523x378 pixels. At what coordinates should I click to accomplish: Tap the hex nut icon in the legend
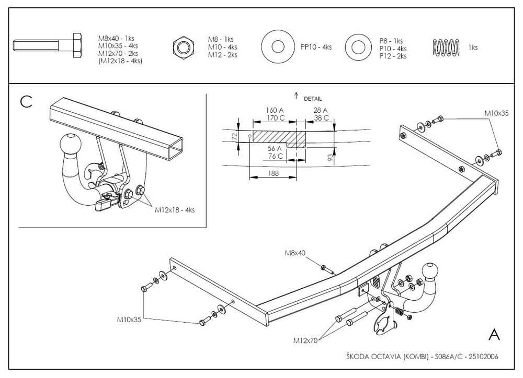[184, 48]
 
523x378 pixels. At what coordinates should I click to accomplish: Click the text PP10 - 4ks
[316, 48]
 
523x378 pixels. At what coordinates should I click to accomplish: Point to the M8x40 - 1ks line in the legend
[117, 39]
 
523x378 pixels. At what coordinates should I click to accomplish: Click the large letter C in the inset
[26, 101]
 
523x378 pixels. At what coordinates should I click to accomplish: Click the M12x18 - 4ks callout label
[175, 210]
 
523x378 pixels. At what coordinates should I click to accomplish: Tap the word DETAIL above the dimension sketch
[313, 99]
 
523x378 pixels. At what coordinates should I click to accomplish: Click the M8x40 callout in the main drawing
[295, 253]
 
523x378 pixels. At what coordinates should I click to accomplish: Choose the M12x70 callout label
[305, 340]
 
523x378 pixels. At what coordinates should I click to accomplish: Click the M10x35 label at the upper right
[496, 113]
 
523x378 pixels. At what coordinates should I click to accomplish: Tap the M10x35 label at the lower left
[129, 319]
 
